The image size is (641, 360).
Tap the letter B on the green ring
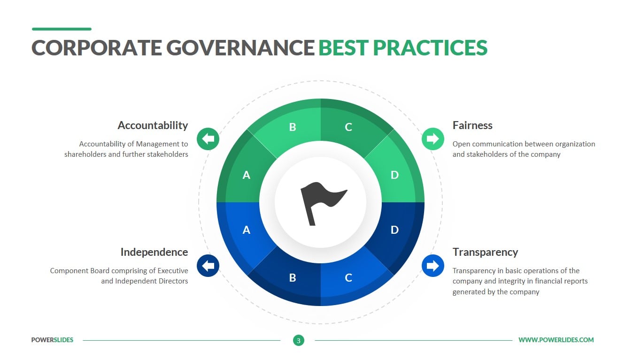click(292, 127)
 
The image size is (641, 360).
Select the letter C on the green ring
click(348, 127)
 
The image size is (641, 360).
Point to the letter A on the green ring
click(247, 175)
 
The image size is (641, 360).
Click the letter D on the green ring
click(394, 175)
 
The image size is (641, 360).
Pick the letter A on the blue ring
click(247, 230)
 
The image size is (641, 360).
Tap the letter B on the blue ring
click(292, 278)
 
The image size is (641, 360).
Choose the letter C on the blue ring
click(348, 278)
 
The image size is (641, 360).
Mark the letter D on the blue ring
click(394, 230)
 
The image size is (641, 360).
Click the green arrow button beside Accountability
click(208, 139)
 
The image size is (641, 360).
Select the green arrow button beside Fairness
click(432, 139)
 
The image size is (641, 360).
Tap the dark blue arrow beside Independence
click(208, 266)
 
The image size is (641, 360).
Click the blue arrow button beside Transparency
click(432, 266)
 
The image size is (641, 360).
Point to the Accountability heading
click(153, 125)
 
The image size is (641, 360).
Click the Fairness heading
click(472, 125)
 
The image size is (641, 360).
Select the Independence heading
click(154, 252)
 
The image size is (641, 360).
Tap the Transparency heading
click(486, 252)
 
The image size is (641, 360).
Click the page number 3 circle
click(299, 340)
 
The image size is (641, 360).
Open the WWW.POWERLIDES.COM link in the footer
click(556, 340)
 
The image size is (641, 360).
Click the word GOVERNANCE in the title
click(240, 47)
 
